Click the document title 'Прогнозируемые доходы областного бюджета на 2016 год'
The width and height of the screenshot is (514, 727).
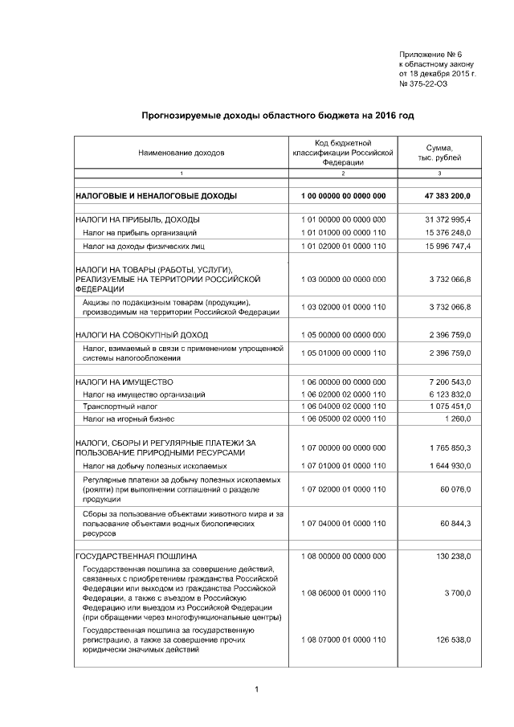click(278, 116)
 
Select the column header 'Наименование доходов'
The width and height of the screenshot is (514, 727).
click(182, 152)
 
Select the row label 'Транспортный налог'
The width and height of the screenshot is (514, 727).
click(120, 407)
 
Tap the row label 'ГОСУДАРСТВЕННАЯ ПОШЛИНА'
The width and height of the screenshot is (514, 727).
click(136, 556)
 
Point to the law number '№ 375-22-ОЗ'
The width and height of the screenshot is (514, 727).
click(423, 84)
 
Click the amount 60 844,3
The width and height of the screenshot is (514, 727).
click(455, 524)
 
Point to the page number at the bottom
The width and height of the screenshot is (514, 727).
click(255, 689)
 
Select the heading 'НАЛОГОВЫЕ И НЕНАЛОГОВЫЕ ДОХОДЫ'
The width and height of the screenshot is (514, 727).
click(156, 196)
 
